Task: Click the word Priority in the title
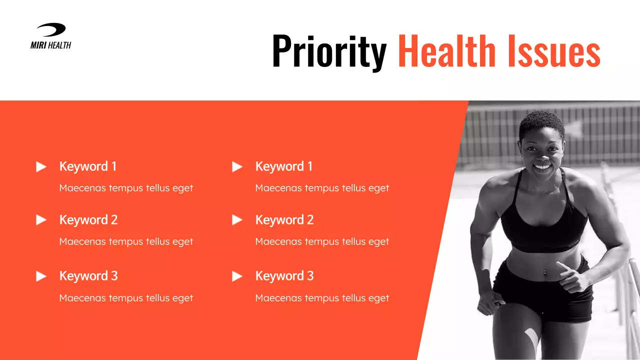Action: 329,51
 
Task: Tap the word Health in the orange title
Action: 446,51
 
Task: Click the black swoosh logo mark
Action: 51,30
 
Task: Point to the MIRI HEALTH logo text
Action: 50,45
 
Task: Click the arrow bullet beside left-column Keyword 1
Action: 41,166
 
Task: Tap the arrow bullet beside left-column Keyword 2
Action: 41,220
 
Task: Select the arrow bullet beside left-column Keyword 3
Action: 41,276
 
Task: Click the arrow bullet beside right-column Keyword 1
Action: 237,166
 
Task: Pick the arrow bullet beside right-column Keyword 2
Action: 237,220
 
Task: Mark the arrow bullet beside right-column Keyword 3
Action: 237,276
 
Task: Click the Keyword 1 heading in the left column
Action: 88,166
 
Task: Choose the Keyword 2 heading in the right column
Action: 284,220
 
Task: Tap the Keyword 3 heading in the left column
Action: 88,276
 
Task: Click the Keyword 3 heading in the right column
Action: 284,276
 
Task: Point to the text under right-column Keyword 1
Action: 322,188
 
